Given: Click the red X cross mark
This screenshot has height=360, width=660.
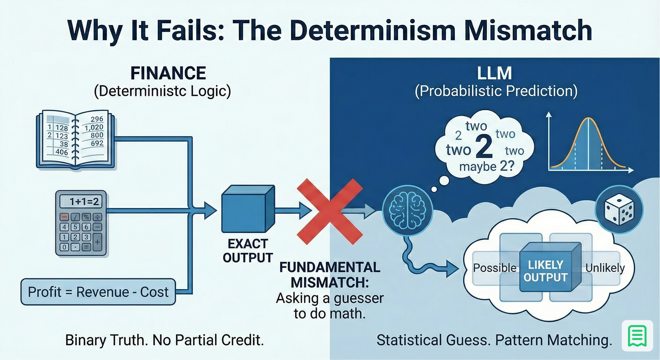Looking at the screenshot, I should tap(330, 211).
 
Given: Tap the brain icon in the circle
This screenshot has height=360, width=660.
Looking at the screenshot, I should tap(407, 210).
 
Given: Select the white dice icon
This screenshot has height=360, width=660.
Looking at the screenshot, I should tap(619, 210).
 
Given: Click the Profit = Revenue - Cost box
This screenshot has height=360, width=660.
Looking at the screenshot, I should tap(98, 292).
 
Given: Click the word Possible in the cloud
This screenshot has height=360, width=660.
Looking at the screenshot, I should tap(495, 268).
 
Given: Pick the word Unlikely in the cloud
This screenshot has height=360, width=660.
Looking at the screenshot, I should tap(605, 268).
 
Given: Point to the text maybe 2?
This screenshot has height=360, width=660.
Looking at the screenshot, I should tap(486, 166).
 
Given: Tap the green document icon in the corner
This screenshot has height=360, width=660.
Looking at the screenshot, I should tap(637, 336).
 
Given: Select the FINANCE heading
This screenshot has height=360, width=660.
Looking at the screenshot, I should tap(168, 73).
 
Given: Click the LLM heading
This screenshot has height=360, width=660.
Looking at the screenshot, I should tap(495, 73).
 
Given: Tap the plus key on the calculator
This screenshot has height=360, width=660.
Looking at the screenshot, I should tap(97, 242).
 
